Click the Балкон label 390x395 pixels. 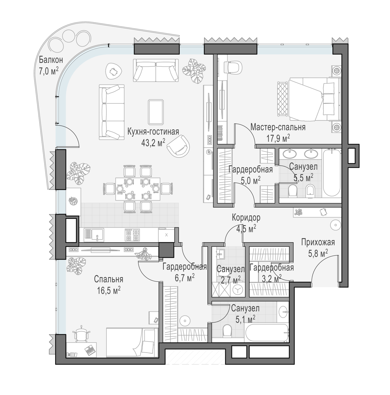click(51, 60)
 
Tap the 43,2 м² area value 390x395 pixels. click(153, 142)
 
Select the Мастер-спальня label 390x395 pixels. click(278, 127)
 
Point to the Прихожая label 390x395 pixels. click(318, 242)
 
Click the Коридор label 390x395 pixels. click(246, 218)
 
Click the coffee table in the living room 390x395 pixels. click(156, 112)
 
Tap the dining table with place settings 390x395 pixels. click(138, 189)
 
